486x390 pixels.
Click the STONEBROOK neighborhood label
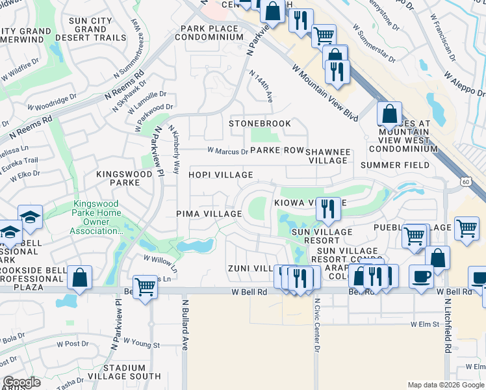[259, 123]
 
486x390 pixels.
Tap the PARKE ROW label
[277, 150]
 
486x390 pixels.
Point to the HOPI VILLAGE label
[221, 175]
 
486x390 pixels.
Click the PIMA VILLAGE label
[209, 214]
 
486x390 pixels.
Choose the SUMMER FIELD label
[394, 165]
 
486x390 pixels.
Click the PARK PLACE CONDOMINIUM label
[212, 32]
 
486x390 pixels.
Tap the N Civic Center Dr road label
[318, 326]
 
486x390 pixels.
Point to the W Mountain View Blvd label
[326, 92]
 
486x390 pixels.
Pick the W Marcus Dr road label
[227, 151]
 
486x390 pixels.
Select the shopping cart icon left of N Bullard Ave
[145, 286]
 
